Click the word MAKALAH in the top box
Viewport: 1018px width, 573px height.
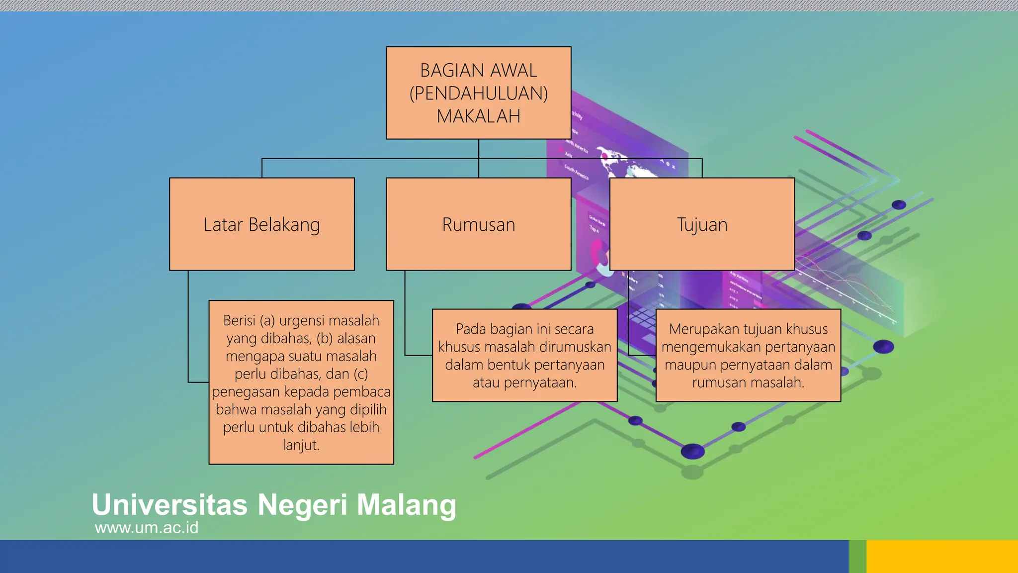478,116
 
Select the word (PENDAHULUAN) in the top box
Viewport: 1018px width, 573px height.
478,94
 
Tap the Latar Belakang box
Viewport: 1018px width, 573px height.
261,224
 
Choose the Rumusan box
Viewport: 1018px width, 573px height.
478,224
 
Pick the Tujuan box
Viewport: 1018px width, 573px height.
702,224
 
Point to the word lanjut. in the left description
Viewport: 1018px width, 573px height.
301,445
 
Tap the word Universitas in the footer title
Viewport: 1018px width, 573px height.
170,505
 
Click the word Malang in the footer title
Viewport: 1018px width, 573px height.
406,505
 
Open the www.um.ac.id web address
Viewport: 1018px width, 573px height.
147,528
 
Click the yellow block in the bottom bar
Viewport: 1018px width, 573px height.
942,557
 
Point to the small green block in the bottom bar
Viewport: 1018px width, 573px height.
857,557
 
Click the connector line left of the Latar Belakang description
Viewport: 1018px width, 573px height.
188,328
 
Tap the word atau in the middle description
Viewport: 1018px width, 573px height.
486,383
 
